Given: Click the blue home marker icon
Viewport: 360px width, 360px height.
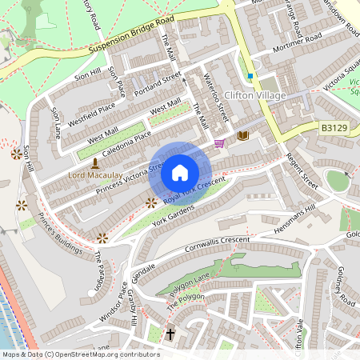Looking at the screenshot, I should (180, 173).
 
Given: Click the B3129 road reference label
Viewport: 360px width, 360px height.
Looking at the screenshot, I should (335, 127).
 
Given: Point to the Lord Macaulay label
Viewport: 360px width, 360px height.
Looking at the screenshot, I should (95, 174).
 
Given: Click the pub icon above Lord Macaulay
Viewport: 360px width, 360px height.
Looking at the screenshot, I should (96, 162).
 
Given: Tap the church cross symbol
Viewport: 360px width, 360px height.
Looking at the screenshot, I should (170, 333).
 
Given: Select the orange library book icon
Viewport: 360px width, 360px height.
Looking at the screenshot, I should (243, 136).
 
